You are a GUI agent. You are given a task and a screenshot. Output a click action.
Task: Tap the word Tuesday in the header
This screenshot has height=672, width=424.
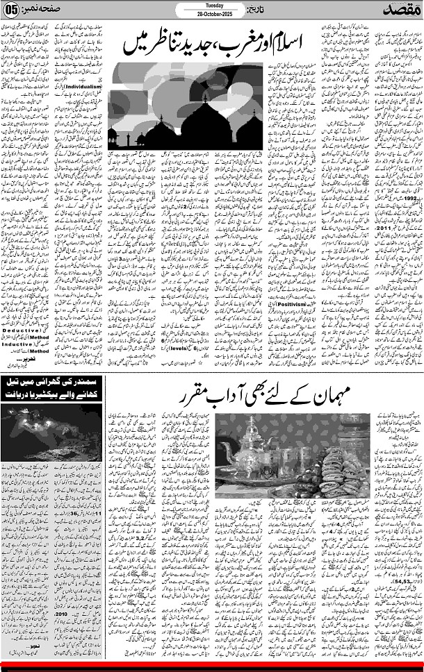point(211,5)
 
